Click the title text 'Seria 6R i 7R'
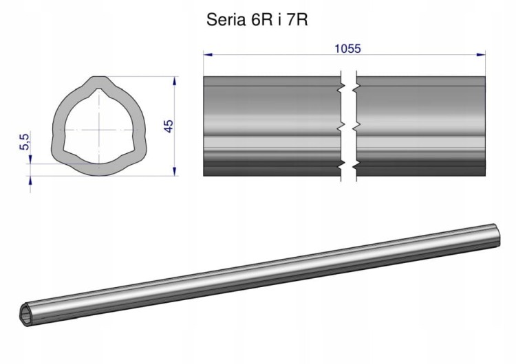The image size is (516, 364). click(x=257, y=20)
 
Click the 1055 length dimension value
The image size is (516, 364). click(x=347, y=49)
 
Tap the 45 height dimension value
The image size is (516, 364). click(x=168, y=126)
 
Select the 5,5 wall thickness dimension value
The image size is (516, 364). click(x=24, y=141)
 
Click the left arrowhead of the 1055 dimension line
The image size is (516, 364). click(x=208, y=54)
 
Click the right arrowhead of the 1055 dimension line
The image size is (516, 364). click(x=481, y=54)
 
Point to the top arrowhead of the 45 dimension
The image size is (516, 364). click(x=175, y=81)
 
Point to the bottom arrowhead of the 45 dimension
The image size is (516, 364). click(x=175, y=171)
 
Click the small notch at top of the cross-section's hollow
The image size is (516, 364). click(x=98, y=90)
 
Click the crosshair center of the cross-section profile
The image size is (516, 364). click(x=98, y=129)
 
